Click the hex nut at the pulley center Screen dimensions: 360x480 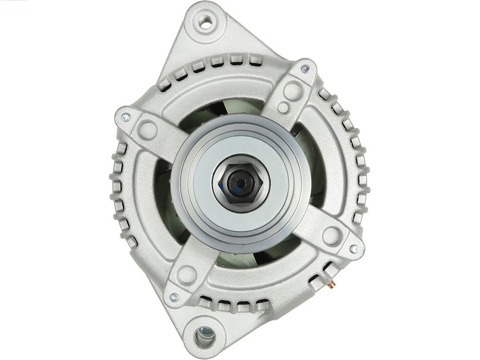240,183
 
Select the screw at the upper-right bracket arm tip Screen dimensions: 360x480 305,69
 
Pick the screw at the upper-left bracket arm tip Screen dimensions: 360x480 125,117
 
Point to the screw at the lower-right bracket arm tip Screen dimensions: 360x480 354,249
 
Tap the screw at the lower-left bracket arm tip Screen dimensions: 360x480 174,297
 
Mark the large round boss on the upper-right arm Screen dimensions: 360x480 292,91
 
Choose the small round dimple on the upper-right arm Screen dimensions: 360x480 283,107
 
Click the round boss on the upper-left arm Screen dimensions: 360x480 147,130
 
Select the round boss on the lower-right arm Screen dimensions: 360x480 332,236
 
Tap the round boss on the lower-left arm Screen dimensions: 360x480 187,275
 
